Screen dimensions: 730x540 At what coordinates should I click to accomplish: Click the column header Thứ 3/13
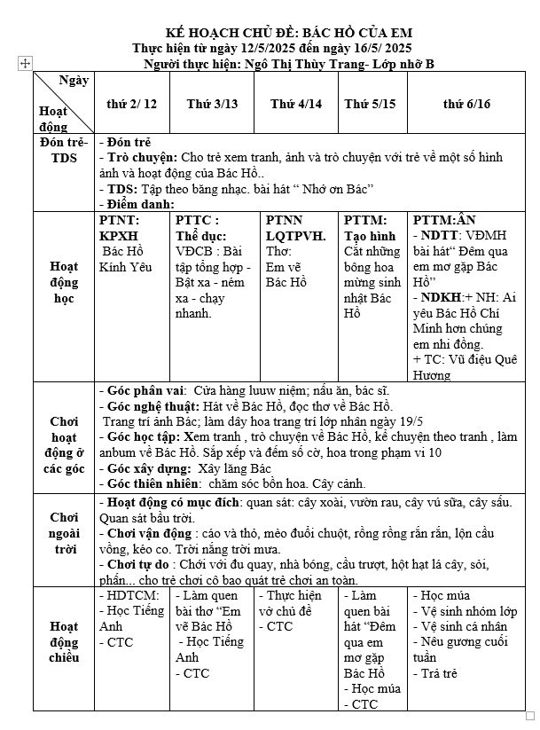[212, 104]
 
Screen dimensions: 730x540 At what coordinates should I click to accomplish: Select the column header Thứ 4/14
[296, 104]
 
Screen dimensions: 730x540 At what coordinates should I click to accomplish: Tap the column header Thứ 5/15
[370, 104]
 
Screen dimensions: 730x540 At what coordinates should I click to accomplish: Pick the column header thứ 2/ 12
[131, 104]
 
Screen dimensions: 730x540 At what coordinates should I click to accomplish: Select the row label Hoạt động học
[64, 282]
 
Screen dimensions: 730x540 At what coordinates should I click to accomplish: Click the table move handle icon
[25, 63]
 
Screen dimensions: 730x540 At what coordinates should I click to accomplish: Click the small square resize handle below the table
[529, 716]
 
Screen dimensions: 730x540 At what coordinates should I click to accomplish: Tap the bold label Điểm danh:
[139, 204]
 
